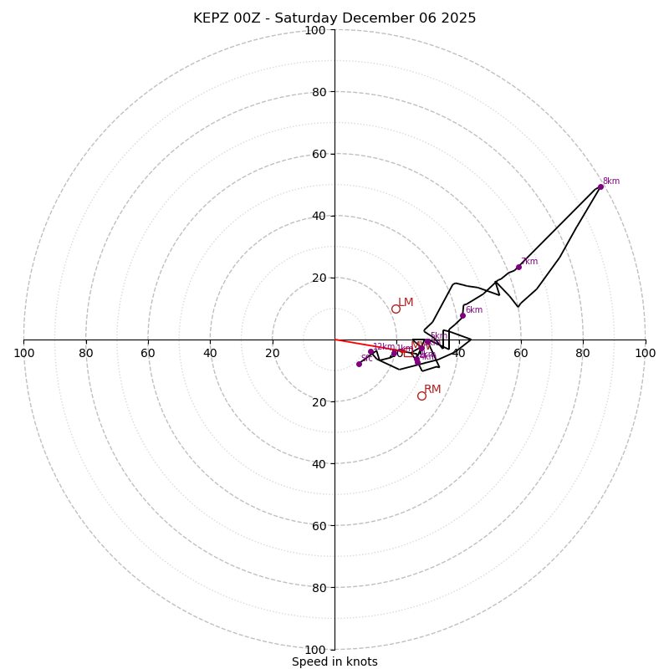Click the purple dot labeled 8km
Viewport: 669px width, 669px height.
(600, 186)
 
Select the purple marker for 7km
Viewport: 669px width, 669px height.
(518, 267)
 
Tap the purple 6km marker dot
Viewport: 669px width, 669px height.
(462, 315)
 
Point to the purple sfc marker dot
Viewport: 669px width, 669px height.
(359, 364)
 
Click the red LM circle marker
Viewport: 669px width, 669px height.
(396, 309)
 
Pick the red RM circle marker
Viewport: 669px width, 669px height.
(421, 396)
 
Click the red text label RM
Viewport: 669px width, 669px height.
(432, 390)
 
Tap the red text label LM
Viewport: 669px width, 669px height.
(406, 303)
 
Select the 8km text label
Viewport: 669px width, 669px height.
(611, 181)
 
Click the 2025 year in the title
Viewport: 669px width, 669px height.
(457, 18)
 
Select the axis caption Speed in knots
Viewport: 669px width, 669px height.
(334, 661)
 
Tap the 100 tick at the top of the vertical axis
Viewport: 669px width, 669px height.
(315, 30)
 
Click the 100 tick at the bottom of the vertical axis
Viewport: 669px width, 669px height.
(315, 649)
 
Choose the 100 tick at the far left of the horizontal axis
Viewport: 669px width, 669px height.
(23, 353)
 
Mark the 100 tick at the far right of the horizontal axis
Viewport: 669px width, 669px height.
(645, 353)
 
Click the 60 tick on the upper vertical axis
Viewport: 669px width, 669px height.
(318, 154)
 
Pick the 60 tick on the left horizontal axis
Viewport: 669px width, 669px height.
(148, 353)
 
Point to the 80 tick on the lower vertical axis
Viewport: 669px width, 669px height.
(318, 587)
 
